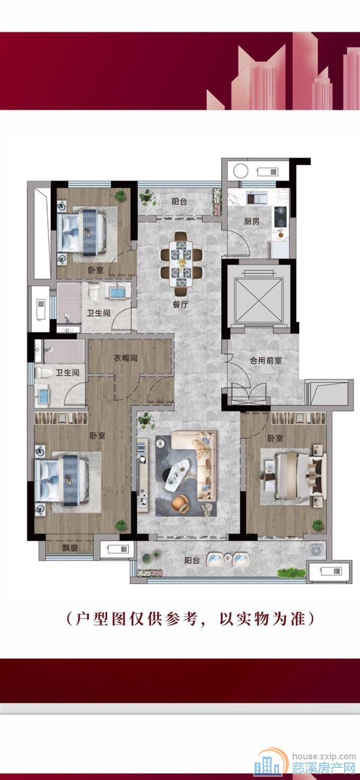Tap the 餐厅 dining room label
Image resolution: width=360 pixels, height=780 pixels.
(181, 304)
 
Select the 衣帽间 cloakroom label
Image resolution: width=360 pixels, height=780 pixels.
(126, 358)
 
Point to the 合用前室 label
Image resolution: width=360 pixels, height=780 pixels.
(266, 360)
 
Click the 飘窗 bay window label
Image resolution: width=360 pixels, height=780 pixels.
(70, 548)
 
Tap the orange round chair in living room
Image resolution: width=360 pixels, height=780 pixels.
(180, 504)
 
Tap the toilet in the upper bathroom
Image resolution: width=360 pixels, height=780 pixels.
(94, 292)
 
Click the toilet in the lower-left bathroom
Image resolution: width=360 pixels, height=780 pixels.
(43, 372)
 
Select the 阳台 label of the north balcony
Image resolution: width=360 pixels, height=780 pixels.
(179, 201)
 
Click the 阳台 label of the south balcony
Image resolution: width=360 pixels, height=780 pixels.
(192, 560)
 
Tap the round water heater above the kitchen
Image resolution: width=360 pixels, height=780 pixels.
(241, 171)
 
